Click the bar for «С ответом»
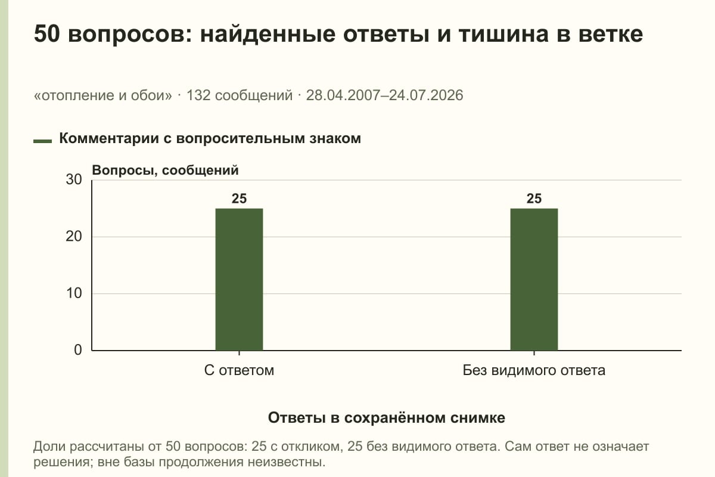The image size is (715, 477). (239, 280)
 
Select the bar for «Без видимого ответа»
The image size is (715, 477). (534, 280)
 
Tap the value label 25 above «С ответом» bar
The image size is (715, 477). (239, 199)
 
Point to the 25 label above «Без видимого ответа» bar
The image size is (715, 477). (534, 199)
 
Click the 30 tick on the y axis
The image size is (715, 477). (74, 179)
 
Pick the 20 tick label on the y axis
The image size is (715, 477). (74, 237)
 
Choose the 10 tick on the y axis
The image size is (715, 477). (74, 293)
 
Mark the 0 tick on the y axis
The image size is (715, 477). (78, 350)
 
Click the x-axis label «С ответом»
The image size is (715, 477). (239, 370)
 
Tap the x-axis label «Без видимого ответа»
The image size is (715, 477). (534, 370)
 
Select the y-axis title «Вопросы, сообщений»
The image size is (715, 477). (166, 171)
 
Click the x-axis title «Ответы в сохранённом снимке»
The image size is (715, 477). (387, 417)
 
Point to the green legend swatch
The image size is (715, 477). (42, 141)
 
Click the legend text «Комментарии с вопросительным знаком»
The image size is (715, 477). (210, 138)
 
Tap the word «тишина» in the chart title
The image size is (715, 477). (503, 34)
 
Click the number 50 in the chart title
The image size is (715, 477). (46, 34)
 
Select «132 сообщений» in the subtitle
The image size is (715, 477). (240, 95)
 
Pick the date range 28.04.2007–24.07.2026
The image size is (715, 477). (385, 95)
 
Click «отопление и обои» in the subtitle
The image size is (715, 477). (102, 95)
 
